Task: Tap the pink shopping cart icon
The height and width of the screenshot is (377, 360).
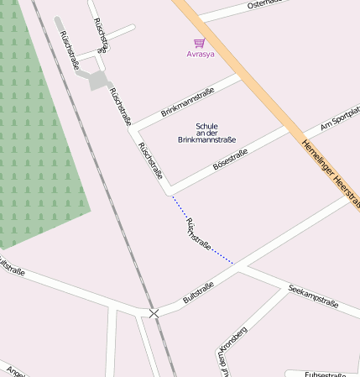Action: [x=199, y=43]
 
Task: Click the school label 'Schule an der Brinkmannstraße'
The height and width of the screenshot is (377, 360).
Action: [x=207, y=134]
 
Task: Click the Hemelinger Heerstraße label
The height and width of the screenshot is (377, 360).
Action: [x=331, y=172]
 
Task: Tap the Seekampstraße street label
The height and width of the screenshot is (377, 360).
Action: [x=313, y=295]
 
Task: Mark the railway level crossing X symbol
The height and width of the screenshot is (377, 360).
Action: [x=154, y=313]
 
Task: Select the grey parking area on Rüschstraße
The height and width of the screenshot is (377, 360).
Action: [x=97, y=80]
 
